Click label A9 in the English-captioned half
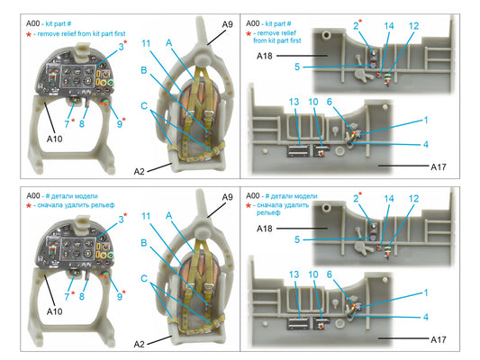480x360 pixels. tap(228, 24)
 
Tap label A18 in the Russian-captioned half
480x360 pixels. tap(264, 229)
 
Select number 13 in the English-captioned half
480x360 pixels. tap(294, 102)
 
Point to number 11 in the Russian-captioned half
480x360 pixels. tap(146, 216)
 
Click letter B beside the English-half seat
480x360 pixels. tap(144, 70)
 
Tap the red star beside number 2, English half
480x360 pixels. tap(360, 21)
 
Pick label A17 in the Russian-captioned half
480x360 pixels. tap(439, 339)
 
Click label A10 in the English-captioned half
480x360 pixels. tap(55, 139)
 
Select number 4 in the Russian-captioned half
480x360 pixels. tap(425, 317)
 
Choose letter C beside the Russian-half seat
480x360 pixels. tap(144, 279)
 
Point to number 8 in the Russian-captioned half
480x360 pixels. tap(81, 296)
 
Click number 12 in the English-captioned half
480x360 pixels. tap(413, 26)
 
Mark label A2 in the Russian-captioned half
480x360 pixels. tap(139, 345)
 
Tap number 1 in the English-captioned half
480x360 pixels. tap(426, 121)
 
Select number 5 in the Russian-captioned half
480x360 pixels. tap(297, 239)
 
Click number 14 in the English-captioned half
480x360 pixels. tap(389, 26)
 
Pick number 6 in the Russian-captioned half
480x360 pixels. tap(329, 274)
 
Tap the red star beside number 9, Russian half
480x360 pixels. tap(124, 292)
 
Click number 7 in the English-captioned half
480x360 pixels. tap(67, 124)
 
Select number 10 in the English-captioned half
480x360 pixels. tap(313, 102)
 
